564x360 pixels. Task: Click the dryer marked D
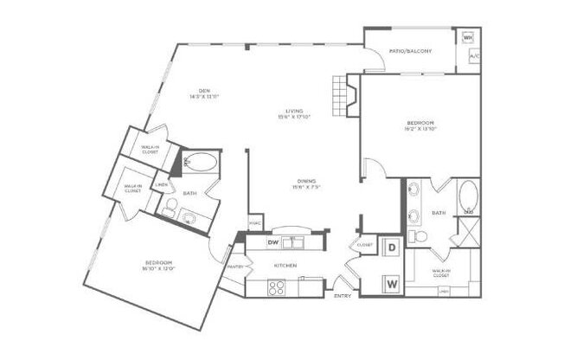(x=392, y=247)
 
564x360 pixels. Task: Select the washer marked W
(x=392, y=282)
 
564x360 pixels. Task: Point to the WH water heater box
(x=468, y=38)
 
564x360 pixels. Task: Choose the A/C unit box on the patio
(x=473, y=57)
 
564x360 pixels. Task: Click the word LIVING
(x=295, y=110)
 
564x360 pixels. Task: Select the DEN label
(x=204, y=90)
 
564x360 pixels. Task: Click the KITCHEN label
(x=286, y=265)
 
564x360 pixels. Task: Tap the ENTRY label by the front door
(x=341, y=296)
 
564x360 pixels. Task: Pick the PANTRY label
(x=234, y=267)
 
